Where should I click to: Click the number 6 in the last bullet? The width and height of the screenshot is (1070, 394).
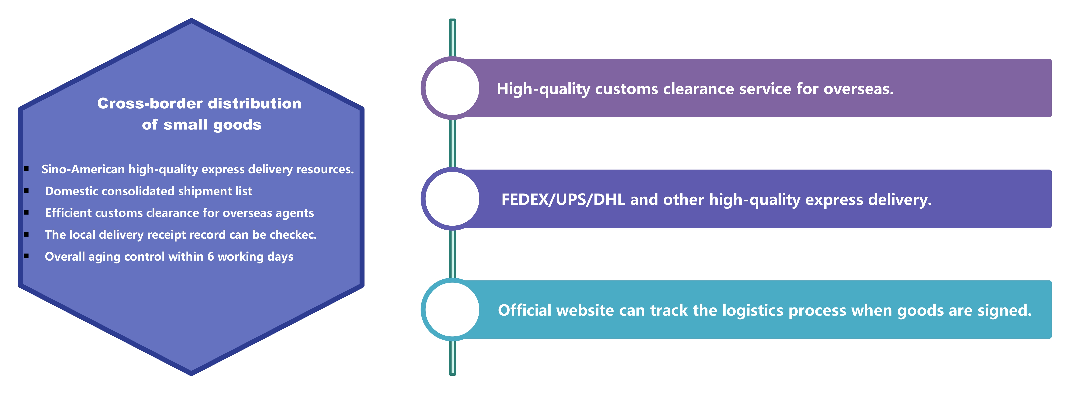[211, 257]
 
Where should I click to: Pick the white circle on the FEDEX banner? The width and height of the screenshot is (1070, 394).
[452, 199]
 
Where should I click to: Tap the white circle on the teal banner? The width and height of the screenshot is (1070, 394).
[452, 310]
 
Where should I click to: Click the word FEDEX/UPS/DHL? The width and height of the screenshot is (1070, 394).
[563, 200]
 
